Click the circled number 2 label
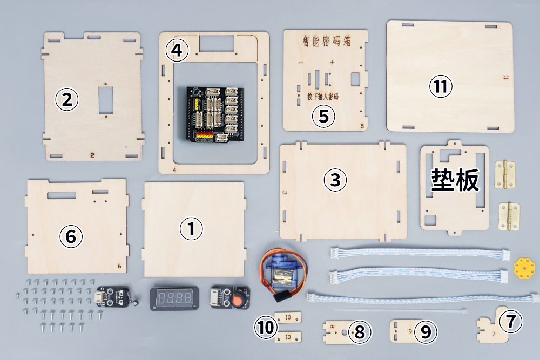click(67, 99)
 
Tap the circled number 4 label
click(177, 51)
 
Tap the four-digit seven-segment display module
click(172, 298)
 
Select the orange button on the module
click(237, 299)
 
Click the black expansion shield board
click(213, 114)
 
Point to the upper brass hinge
click(505, 174)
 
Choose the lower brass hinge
click(509, 216)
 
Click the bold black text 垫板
click(455, 181)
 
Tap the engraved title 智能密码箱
click(323, 42)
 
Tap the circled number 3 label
click(335, 180)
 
